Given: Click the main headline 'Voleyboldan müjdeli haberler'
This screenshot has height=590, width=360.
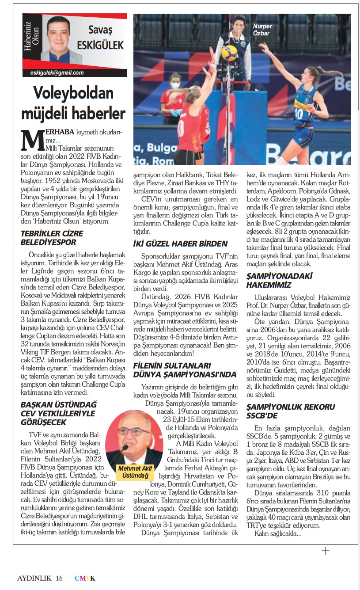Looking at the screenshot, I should tap(73, 103).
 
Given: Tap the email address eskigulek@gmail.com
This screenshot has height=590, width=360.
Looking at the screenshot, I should tap(57, 73).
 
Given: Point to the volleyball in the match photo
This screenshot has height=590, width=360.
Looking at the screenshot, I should tap(229, 53).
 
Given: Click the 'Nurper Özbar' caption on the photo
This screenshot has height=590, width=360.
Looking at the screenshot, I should tap(262, 30).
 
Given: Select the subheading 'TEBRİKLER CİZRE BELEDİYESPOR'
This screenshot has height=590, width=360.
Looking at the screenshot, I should tap(51, 237).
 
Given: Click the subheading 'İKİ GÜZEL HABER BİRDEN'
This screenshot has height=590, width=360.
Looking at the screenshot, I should tap(180, 244).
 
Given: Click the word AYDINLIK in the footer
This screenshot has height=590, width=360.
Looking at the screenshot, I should tap(34, 578).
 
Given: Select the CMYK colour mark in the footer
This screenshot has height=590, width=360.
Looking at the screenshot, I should tap(85, 578).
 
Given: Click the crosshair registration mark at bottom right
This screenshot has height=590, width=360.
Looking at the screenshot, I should tap(325, 551).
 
